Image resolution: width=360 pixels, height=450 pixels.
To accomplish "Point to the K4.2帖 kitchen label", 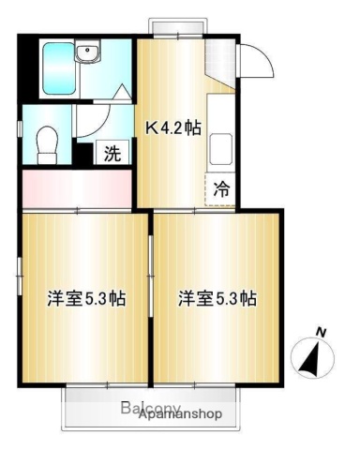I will pyautogui.click(x=172, y=128).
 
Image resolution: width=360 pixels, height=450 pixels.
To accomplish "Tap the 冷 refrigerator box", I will pyautogui.click(x=221, y=187).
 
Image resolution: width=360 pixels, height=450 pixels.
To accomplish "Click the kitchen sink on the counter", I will pyautogui.click(x=222, y=148).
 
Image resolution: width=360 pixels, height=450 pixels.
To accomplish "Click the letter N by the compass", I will pyautogui.click(x=322, y=332).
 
